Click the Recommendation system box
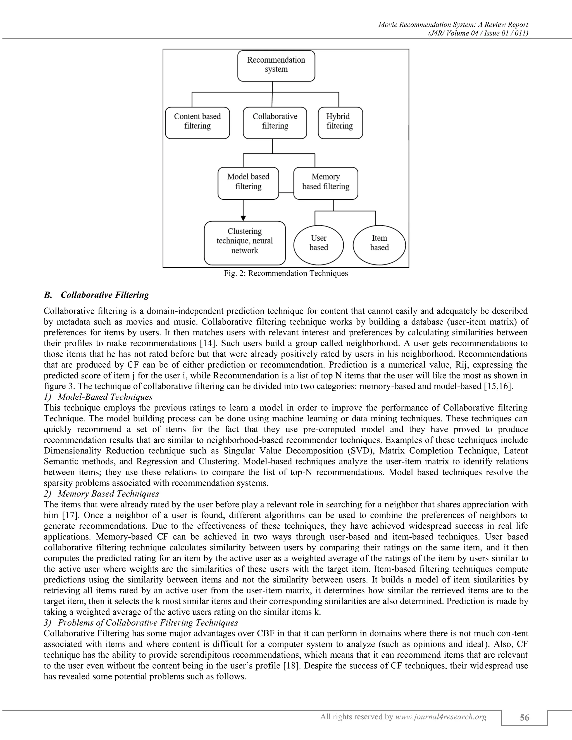[276, 66]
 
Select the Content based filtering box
[197, 123]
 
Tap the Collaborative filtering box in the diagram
[275, 123]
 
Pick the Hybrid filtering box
[340, 123]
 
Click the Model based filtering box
[248, 183]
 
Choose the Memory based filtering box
[325, 183]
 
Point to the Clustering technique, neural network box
[245, 243]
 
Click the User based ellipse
[318, 245]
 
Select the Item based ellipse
[379, 245]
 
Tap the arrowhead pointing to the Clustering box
[243, 218]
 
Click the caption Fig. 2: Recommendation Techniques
[286, 273]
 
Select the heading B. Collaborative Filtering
[97, 295]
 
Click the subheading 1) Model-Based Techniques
[98, 397]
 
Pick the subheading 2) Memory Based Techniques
[101, 493]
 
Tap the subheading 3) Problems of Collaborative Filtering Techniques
[141, 622]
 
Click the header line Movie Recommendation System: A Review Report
[453, 24]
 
